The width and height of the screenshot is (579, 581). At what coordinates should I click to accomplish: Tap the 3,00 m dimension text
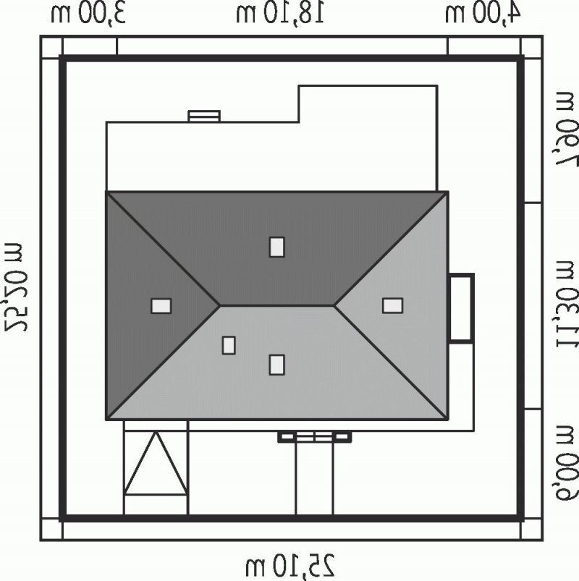[x=88, y=14]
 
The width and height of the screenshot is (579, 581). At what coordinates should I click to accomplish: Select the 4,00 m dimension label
[x=483, y=14]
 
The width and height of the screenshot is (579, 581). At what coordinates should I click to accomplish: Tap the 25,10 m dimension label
[x=290, y=566]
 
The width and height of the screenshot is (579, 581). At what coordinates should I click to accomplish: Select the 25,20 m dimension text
[x=14, y=287]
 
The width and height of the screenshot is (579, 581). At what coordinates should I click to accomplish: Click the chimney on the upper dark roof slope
[x=277, y=247]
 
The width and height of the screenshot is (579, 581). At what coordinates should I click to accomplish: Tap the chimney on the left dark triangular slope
[x=161, y=306]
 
